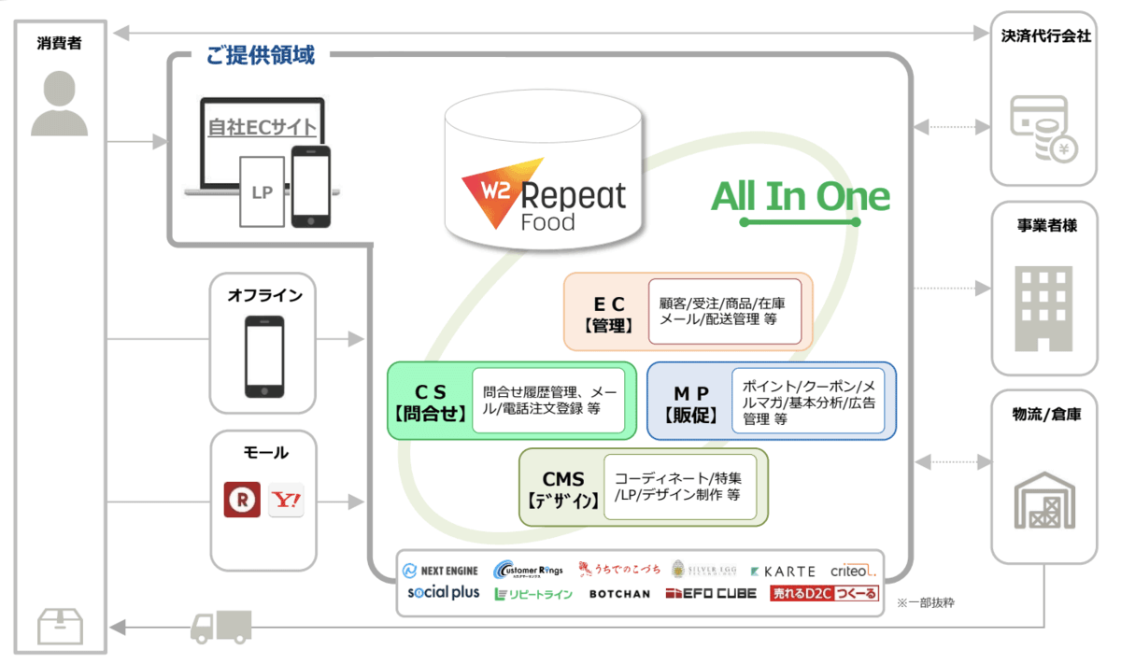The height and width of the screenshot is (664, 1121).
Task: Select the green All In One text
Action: [801, 196]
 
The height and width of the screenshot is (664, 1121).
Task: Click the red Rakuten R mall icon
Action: [242, 500]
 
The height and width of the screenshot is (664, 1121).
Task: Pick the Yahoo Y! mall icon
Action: [286, 500]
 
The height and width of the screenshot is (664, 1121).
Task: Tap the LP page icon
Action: [262, 191]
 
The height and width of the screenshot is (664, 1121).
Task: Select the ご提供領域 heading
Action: [260, 55]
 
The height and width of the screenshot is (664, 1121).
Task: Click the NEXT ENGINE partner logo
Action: [440, 571]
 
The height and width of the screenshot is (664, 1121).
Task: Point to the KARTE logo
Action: [783, 571]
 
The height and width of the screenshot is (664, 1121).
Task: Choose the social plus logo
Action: [443, 593]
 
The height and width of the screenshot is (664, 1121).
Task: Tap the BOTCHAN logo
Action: [619, 594]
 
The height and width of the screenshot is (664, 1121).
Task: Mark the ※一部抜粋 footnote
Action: [925, 603]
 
